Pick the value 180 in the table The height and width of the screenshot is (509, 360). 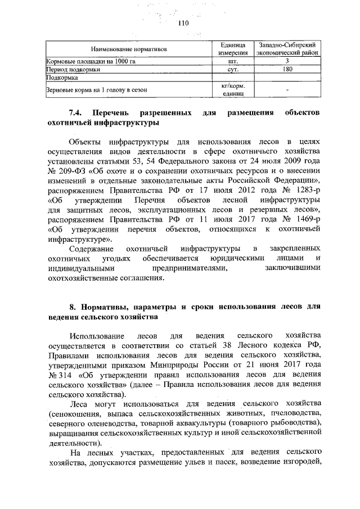tap(287, 70)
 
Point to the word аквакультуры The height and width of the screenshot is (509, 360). tap(214, 423)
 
